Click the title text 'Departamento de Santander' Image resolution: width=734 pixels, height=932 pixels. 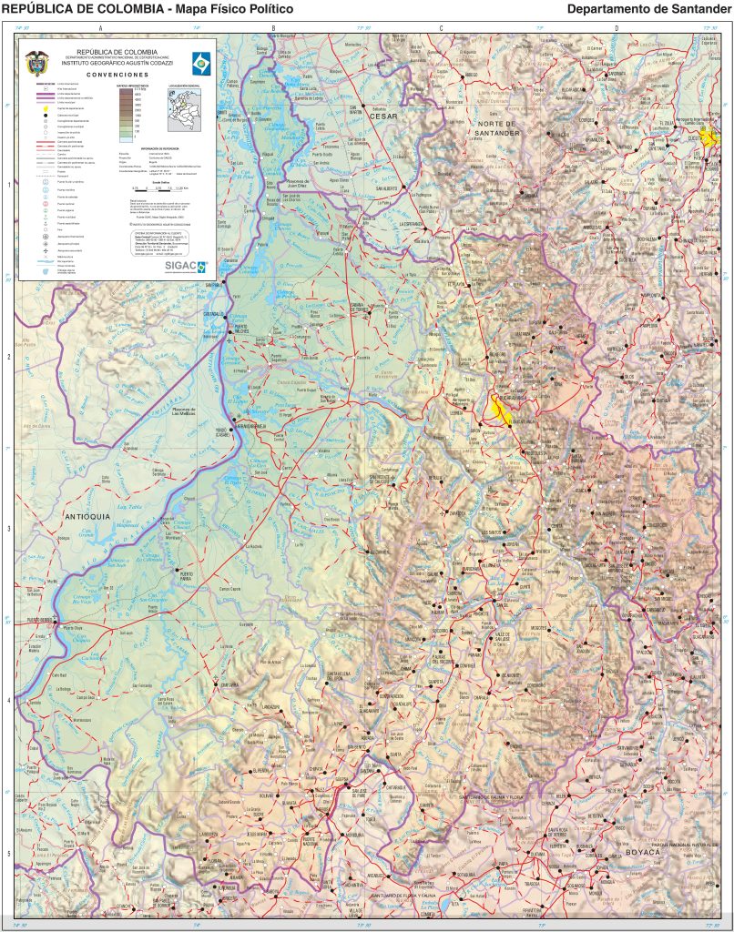(x=649, y=9)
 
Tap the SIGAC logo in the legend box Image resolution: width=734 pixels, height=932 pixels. (x=186, y=266)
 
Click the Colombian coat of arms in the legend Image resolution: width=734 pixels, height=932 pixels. (x=36, y=60)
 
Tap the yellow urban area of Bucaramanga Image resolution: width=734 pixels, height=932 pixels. (x=499, y=409)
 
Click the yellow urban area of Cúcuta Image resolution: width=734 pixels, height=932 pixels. (x=709, y=137)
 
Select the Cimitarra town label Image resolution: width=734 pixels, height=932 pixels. (x=229, y=684)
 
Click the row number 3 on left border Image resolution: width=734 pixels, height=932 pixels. (x=9, y=529)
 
